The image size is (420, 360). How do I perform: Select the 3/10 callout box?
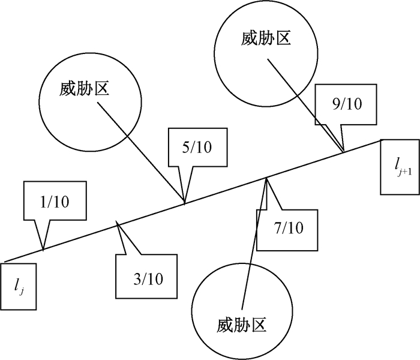click(147, 278)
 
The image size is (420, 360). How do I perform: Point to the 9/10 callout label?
click(347, 104)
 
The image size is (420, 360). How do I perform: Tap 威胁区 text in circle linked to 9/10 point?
click(266, 40)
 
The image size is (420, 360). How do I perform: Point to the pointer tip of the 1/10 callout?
click(43, 248)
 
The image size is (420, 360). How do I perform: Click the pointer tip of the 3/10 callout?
click(118, 223)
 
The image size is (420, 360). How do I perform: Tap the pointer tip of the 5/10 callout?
click(185, 202)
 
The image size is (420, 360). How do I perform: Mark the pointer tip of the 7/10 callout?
click(266, 177)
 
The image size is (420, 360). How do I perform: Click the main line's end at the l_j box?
click(4, 261)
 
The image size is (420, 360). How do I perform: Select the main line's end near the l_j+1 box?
click(380, 140)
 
